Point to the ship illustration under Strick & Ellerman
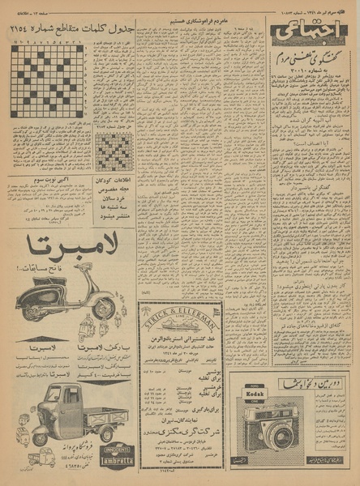click(x=182, y=324)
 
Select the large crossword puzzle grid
click(x=47, y=81)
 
